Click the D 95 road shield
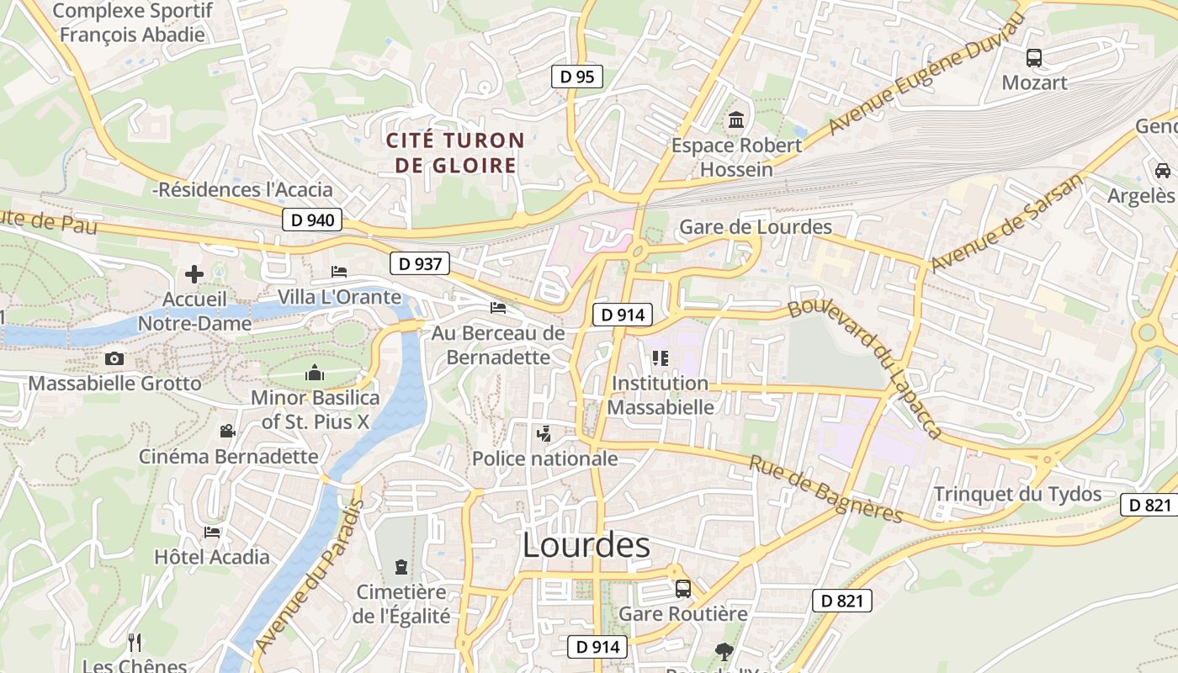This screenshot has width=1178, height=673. (x=577, y=77)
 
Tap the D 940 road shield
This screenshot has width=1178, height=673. (x=312, y=220)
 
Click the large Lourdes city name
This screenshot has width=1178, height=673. (x=586, y=545)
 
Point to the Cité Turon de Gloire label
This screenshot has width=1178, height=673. (x=455, y=152)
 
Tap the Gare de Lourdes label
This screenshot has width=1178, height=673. (x=755, y=227)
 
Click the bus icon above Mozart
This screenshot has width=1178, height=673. (x=1033, y=58)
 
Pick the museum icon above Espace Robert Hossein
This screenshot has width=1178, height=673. (x=736, y=120)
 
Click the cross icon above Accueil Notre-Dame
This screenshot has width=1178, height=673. (x=194, y=274)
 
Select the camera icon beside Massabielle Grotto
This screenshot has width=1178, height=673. (x=114, y=359)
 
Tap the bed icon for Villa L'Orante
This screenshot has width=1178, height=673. (x=339, y=271)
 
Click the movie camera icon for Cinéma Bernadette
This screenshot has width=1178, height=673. (x=227, y=432)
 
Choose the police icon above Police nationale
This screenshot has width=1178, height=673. (x=544, y=434)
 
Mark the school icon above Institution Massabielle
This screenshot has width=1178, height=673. (x=660, y=358)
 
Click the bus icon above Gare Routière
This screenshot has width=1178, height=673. (x=682, y=589)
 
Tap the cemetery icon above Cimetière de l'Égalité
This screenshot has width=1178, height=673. (x=401, y=566)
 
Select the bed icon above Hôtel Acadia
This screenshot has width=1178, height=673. (x=212, y=532)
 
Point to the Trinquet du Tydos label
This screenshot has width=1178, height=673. (x=1017, y=494)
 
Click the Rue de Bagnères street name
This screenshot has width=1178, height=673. (x=825, y=490)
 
